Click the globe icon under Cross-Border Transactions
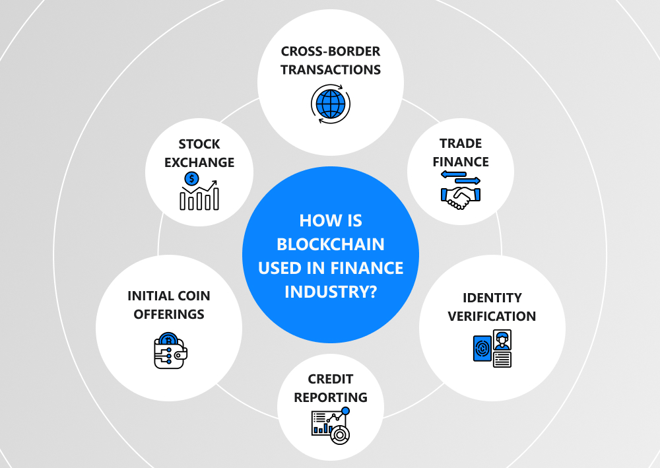tap(330, 104)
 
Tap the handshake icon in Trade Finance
tap(461, 197)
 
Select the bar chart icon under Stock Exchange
tap(199, 198)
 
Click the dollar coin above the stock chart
tap(192, 178)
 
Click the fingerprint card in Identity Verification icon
tap(483, 348)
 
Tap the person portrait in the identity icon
tap(502, 340)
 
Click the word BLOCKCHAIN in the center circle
tap(331, 244)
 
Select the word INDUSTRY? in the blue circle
tap(331, 291)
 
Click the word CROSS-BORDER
tap(331, 51)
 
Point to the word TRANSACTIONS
tap(331, 69)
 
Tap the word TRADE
tap(461, 143)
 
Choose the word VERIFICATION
tap(492, 316)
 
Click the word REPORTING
tap(331, 397)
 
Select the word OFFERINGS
tap(169, 314)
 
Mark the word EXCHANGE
tap(199, 162)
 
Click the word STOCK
tap(199, 144)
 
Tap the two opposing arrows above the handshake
tap(461, 177)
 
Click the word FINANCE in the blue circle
tap(376, 268)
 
